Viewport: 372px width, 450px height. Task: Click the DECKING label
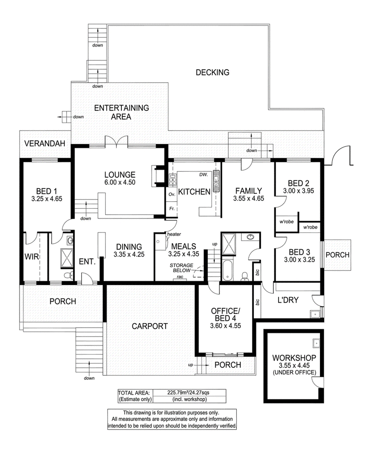pos(213,73)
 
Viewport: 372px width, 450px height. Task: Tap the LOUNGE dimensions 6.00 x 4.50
pos(120,182)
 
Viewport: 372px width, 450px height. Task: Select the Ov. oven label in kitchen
pos(172,194)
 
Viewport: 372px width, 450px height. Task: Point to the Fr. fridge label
pos(172,209)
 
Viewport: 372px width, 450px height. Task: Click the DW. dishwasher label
pos(204,174)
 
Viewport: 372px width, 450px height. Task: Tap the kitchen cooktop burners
pos(173,179)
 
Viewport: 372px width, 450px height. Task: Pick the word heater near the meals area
pos(174,234)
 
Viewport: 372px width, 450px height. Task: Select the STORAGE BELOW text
pos(181,268)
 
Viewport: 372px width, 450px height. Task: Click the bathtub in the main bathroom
pos(227,270)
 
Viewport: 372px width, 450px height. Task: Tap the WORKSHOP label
pos(294,358)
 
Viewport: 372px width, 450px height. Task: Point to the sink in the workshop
pos(316,343)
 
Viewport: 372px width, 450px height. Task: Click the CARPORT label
pos(150,326)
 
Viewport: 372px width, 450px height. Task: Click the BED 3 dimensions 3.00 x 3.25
pos(299,260)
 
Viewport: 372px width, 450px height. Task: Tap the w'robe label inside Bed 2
pos(286,222)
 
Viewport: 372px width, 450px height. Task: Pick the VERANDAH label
pos(45,144)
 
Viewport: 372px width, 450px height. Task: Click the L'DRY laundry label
pos(288,300)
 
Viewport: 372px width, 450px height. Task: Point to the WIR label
pos(32,257)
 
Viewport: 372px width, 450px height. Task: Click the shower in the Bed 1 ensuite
pos(67,258)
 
